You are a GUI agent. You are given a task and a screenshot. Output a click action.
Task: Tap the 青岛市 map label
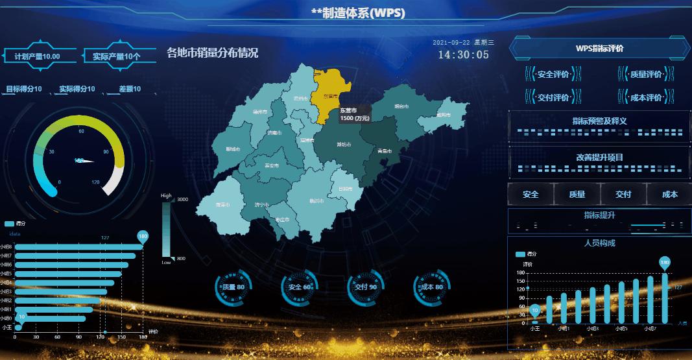pyautogui.click(x=385, y=150)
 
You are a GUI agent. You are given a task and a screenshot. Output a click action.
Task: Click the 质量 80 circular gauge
pyautogui.click(x=232, y=287)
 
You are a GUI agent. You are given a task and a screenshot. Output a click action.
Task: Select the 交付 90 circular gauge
pyautogui.click(x=366, y=287)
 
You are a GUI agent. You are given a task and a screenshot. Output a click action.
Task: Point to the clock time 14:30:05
pyautogui.click(x=463, y=54)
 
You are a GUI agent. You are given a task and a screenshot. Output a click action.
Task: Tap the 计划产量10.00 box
pyautogui.click(x=37, y=56)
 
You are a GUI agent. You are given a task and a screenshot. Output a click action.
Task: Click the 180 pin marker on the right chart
pyautogui.click(x=664, y=263)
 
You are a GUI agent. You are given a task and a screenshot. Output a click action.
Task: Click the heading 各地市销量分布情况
pyautogui.click(x=212, y=53)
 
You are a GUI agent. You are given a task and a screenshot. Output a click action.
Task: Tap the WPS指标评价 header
pyautogui.click(x=599, y=49)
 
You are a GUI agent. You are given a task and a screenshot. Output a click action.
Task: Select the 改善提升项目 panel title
pyautogui.click(x=599, y=157)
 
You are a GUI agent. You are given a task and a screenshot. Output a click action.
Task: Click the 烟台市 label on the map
pyautogui.click(x=401, y=106)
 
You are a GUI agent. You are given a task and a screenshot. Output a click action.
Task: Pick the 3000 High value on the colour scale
pyautogui.click(x=182, y=200)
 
